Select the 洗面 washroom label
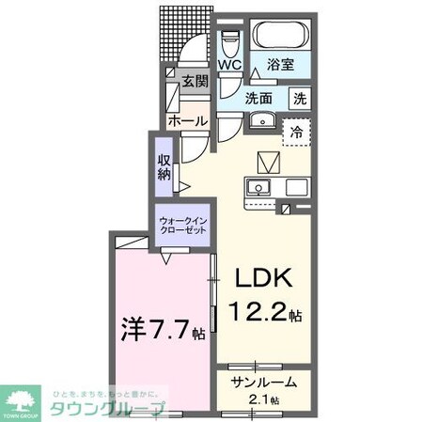pos(260,97)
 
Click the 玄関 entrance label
pos(195,81)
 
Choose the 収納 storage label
pos(164,166)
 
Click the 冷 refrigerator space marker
pos(296,132)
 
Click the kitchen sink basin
pos(257,189)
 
